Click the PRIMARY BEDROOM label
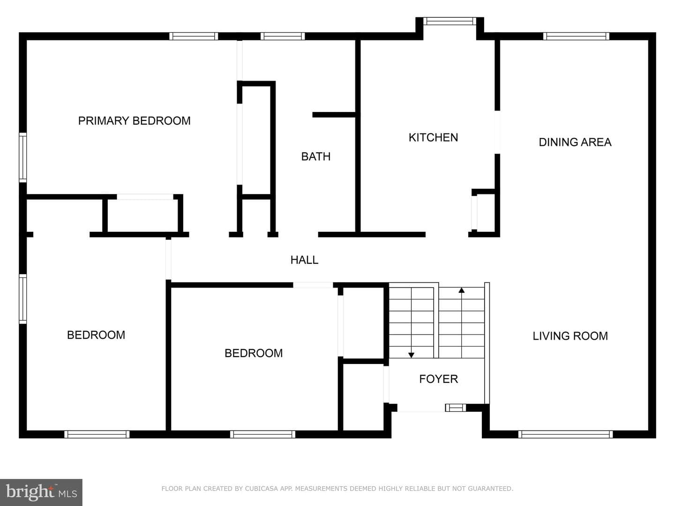coord(135,121)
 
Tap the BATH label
coord(316,156)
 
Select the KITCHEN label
coord(433,137)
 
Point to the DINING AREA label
coord(575,142)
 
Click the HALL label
coord(304,260)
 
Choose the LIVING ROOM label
coord(570,336)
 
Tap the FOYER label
coord(439,379)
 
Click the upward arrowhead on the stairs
coord(461,290)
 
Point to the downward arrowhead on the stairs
coord(411,355)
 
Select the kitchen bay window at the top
coord(450,21)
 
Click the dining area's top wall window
coord(576,36)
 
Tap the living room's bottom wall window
coord(565,434)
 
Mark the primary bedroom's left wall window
coord(23,157)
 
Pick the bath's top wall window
coord(283,36)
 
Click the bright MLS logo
coord(41,492)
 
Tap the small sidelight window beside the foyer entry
coord(456,408)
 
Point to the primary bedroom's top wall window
coord(194,36)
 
